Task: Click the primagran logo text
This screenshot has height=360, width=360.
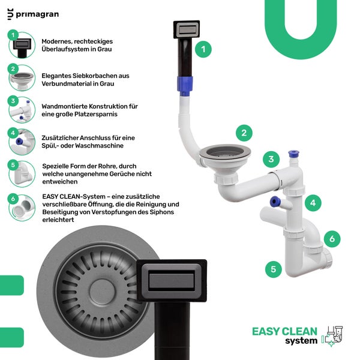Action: pyautogui.click(x=37, y=14)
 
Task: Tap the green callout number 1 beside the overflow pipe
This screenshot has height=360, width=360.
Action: pyautogui.click(x=203, y=49)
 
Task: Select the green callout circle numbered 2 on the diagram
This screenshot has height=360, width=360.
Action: pyautogui.click(x=244, y=133)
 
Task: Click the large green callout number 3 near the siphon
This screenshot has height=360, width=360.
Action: pyautogui.click(x=271, y=159)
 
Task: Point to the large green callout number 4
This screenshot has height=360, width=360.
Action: pyautogui.click(x=313, y=203)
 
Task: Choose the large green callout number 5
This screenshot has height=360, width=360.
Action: pyautogui.click(x=273, y=269)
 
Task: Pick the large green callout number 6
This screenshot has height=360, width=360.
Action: pyautogui.click(x=332, y=239)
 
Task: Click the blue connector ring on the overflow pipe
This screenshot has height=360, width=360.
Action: pyautogui.click(x=185, y=85)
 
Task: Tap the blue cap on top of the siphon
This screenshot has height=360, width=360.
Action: pyautogui.click(x=293, y=154)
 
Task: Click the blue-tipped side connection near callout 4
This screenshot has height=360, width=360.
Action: pyautogui.click(x=275, y=202)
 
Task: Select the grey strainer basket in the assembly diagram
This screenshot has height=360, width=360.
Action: pyautogui.click(x=225, y=152)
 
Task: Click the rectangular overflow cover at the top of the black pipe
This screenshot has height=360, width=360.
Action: pyautogui.click(x=187, y=29)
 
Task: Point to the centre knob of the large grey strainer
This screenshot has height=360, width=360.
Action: pyautogui.click(x=102, y=292)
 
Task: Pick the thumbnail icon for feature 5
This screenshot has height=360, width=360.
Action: pyautogui.click(x=22, y=174)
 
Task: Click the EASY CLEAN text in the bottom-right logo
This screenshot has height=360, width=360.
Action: pyautogui.click(x=284, y=332)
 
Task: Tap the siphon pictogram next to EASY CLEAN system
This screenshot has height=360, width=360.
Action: pyautogui.click(x=332, y=336)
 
